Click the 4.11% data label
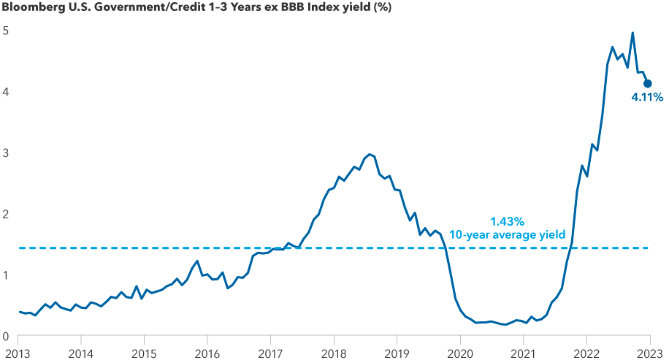pos(647,97)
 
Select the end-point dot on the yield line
pos(647,84)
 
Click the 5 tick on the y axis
pos(5,31)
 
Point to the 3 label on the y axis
pos(5,153)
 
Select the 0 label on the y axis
pos(5,337)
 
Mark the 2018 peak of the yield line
pos(370,154)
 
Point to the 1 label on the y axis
pos(5,275)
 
